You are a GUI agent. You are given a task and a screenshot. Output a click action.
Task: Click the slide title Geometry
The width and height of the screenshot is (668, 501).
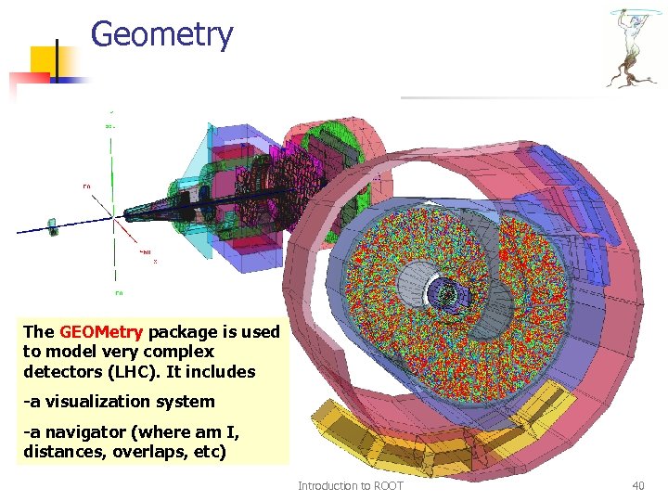[162, 35]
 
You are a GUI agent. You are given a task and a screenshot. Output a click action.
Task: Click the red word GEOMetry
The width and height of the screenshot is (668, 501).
[101, 332]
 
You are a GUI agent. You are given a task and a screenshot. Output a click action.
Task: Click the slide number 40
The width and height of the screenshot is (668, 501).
[637, 485]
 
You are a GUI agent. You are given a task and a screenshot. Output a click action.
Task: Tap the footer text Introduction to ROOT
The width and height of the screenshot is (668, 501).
[350, 485]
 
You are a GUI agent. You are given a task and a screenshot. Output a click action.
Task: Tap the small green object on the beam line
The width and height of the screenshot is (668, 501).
[53, 225]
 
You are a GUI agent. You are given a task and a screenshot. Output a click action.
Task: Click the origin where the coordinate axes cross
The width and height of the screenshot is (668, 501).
[113, 217]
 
